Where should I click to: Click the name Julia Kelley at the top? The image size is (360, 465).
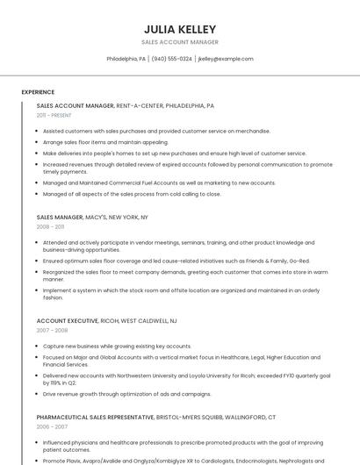[180, 29]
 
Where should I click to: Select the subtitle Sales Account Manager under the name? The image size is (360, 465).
[180, 42]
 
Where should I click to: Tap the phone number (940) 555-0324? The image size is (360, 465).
[171, 59]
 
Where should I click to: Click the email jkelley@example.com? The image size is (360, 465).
[226, 59]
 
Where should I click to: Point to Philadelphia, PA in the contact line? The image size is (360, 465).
[126, 59]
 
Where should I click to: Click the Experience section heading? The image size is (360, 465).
[38, 91]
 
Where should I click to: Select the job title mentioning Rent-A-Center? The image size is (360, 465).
[125, 105]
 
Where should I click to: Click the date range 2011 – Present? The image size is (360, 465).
[54, 115]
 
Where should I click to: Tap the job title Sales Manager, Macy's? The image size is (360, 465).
[92, 217]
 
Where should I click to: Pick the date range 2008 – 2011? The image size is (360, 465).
[51, 226]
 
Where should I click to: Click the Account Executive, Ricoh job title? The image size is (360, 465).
[106, 321]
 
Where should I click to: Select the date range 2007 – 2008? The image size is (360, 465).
[51, 331]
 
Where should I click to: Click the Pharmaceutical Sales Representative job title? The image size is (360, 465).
[156, 417]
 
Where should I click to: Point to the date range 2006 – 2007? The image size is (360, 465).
[51, 426]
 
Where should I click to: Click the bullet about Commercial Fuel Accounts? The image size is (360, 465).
[159, 182]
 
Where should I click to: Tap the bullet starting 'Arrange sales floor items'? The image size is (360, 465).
[105, 141]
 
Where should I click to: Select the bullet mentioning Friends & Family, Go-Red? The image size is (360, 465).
[176, 261]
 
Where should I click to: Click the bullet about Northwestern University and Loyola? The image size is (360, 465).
[186, 379]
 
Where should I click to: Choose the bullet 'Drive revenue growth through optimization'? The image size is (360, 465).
[126, 394]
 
